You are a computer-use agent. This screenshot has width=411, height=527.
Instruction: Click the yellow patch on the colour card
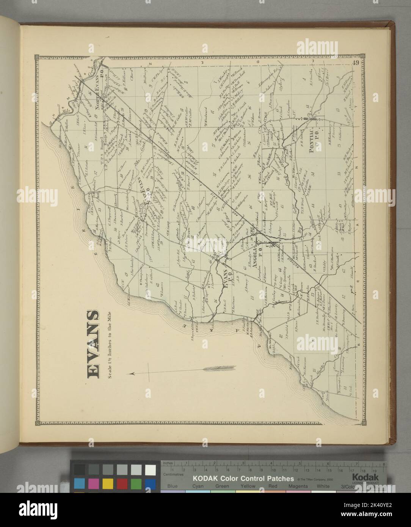[108, 483]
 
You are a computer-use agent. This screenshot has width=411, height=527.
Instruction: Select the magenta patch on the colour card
[93, 483]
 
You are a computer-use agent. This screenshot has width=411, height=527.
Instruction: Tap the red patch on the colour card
[122, 483]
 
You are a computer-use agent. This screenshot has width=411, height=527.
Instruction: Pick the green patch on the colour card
[136, 483]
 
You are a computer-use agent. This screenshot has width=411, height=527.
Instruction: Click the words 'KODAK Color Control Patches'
[243, 478]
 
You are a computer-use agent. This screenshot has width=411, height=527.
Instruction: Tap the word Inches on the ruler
[168, 463]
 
